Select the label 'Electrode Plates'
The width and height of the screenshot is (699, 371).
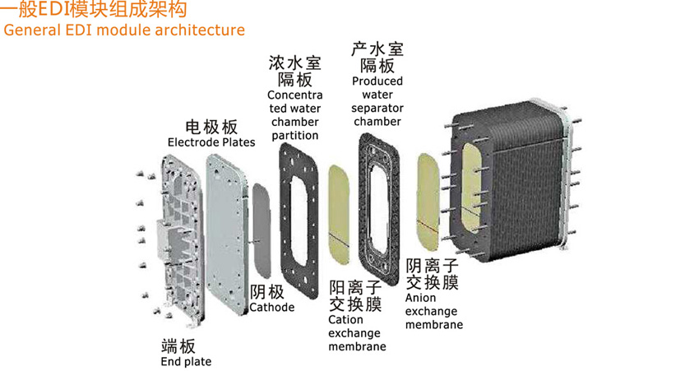(x=211, y=142)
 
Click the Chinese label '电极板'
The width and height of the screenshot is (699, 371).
(x=211, y=127)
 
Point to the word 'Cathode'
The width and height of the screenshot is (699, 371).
(x=271, y=308)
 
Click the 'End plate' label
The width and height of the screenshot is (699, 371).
(x=186, y=361)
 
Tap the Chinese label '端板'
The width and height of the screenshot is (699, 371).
(x=178, y=345)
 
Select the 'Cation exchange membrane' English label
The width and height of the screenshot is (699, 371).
(x=357, y=333)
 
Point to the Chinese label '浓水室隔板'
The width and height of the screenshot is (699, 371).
(x=294, y=72)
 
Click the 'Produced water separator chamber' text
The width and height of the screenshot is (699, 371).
(x=377, y=101)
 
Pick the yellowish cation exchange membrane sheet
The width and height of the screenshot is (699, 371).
(x=338, y=211)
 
